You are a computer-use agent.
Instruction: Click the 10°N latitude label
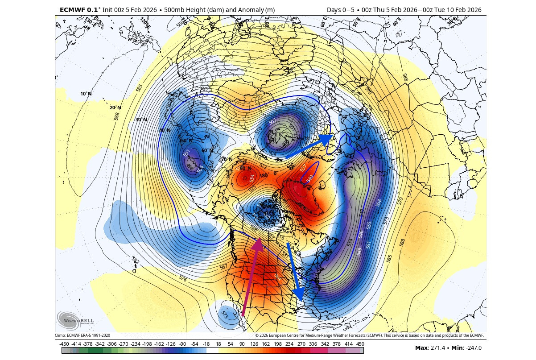pos(86,94)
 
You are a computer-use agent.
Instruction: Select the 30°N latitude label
pos(141,120)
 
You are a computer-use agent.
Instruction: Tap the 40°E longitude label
pos(396,24)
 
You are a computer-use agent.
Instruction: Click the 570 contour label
pos(368,90)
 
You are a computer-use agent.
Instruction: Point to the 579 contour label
pos(399,201)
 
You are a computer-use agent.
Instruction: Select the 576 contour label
pos(182,278)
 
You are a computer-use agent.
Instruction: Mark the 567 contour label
pos(224,267)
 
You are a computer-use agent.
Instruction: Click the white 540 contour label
pos(310,178)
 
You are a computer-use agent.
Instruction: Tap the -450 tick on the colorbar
pos(64,343)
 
